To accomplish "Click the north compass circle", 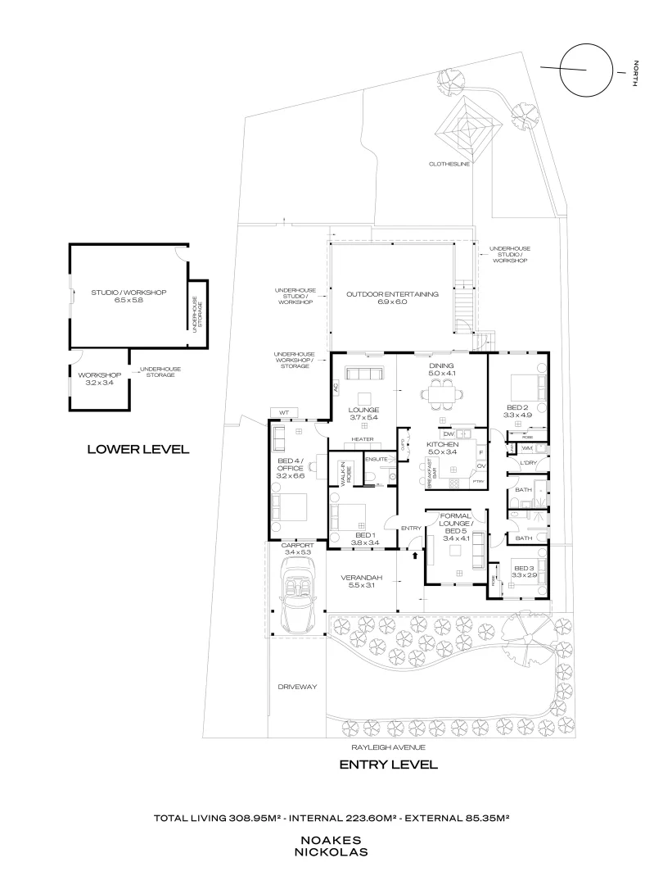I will (586, 69).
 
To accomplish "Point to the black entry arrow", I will (415, 556).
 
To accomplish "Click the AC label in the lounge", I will (336, 385).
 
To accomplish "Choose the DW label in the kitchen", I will (449, 433).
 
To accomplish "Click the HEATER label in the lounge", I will (363, 439).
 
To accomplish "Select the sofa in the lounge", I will (363, 374).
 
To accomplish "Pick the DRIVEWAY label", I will (297, 687).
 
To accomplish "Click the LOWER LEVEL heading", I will (138, 448).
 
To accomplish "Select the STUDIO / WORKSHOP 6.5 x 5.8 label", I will (129, 297).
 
